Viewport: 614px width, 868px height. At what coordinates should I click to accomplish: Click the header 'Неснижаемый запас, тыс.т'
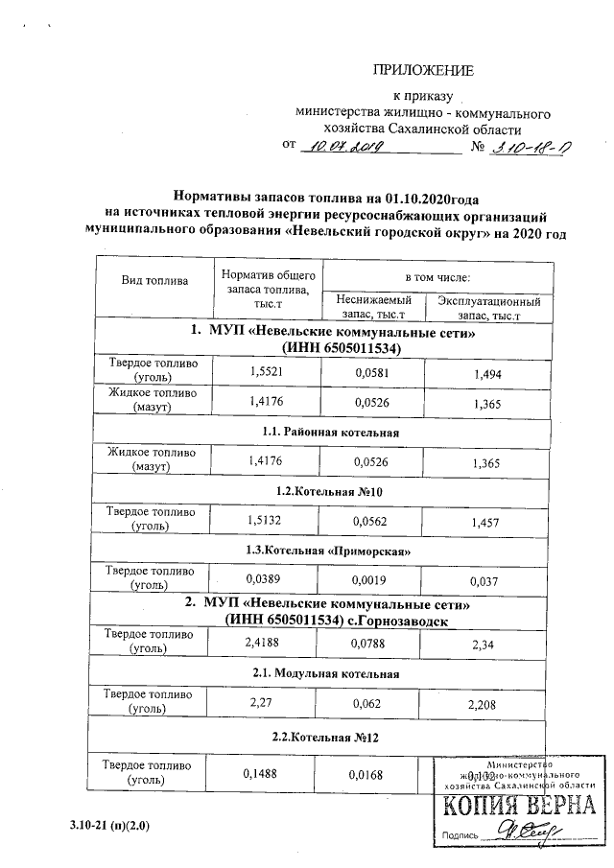pyautogui.click(x=373, y=307)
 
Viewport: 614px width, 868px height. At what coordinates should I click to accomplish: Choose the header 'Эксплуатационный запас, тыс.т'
pyautogui.click(x=488, y=307)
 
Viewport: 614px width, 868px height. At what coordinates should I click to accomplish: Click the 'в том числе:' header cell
pyautogui.click(x=437, y=276)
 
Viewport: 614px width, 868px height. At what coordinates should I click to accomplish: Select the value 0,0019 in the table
pyautogui.click(x=368, y=580)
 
